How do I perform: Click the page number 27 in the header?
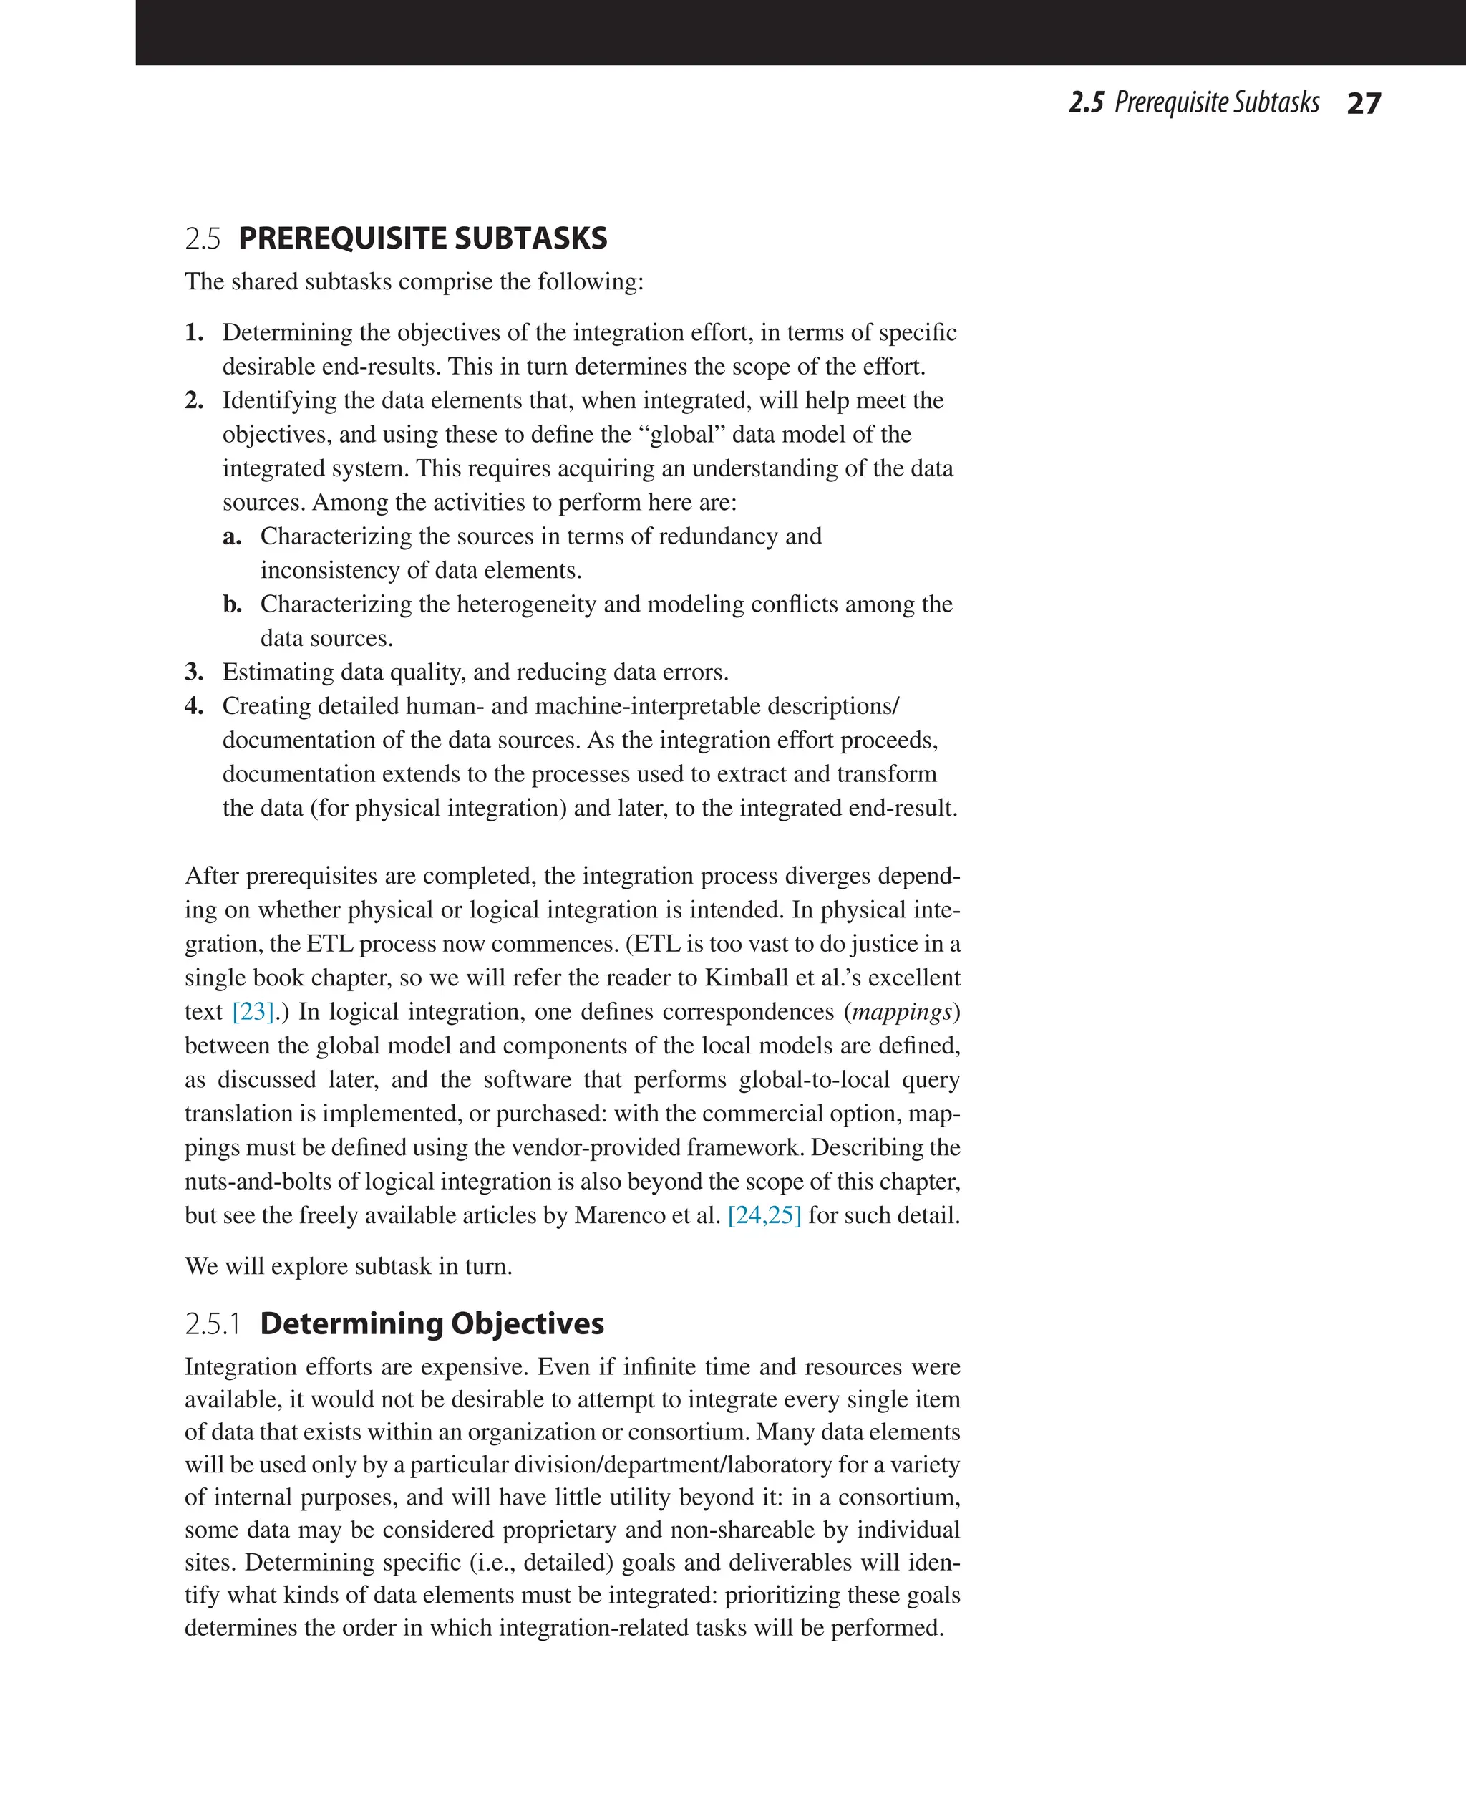(1363, 103)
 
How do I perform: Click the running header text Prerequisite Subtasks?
(1216, 102)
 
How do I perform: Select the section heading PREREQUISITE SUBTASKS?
(422, 238)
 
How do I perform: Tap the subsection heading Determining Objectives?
(432, 1323)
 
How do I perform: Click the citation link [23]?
(253, 1011)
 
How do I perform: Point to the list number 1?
(194, 333)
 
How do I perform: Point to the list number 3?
(194, 672)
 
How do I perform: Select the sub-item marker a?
(231, 536)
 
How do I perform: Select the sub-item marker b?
(232, 604)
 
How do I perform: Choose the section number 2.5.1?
(213, 1324)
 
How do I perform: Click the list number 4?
(194, 706)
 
